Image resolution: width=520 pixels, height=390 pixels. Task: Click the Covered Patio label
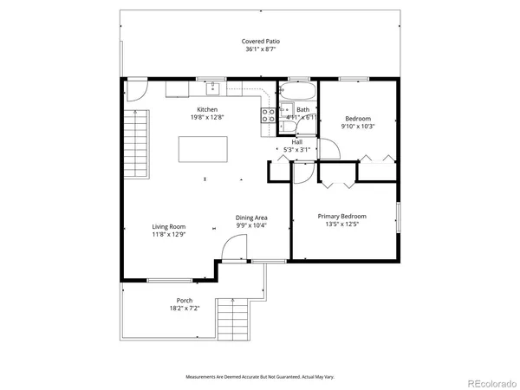(x=259, y=41)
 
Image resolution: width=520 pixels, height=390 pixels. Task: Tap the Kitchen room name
(x=207, y=109)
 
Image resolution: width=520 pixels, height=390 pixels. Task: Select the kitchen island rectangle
(x=205, y=149)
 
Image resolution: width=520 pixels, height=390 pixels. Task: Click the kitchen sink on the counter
(x=212, y=88)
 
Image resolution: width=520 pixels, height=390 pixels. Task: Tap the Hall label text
(x=296, y=141)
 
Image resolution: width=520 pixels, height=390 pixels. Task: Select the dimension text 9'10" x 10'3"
(x=358, y=127)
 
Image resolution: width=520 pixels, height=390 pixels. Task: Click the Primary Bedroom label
(x=341, y=216)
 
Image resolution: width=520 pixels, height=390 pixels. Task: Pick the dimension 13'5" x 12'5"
(x=341, y=224)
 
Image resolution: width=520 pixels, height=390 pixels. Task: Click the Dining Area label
(x=251, y=218)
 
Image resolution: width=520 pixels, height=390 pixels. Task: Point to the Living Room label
(x=169, y=226)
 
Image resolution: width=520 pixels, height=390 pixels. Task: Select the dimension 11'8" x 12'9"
(x=169, y=234)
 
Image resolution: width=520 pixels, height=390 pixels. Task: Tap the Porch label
(x=185, y=301)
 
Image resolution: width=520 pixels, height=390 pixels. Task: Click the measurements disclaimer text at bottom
(x=259, y=377)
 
